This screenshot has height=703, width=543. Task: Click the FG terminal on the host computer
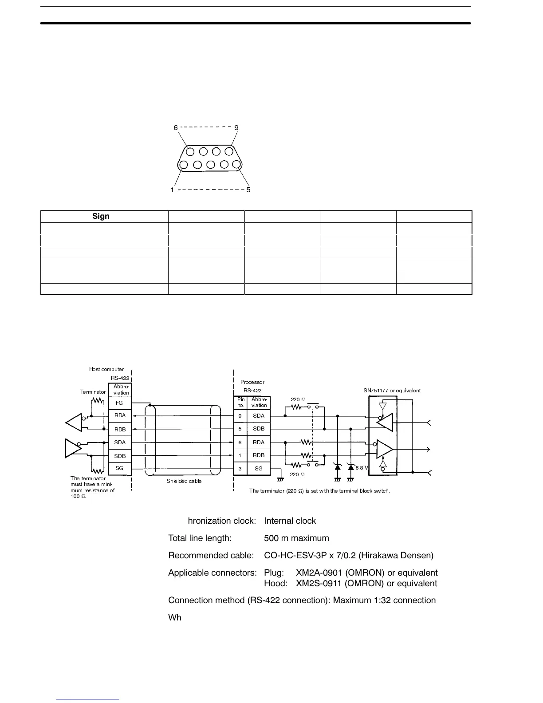tap(120, 403)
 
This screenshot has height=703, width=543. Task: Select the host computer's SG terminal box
tap(120, 468)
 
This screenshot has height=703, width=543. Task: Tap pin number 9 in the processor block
tap(240, 416)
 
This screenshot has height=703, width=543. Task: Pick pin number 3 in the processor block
tap(240, 469)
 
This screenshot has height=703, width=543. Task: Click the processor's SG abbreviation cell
tap(259, 469)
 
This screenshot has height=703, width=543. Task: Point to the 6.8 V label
tap(362, 468)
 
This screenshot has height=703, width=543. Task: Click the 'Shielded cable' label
tap(184, 481)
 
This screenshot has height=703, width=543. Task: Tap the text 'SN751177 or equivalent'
tap(392, 391)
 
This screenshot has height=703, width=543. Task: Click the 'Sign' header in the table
tap(101, 216)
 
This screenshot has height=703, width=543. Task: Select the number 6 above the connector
tap(176, 128)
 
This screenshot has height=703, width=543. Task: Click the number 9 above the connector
tap(236, 128)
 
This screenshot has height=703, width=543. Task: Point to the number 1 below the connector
tap(172, 190)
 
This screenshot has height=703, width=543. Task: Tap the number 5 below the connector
tap(248, 190)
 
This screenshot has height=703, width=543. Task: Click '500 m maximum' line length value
tap(296, 538)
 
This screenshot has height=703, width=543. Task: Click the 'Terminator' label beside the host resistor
tap(93, 392)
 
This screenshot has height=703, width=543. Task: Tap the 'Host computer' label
tap(106, 369)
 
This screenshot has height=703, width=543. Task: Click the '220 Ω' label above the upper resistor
tap(298, 400)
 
